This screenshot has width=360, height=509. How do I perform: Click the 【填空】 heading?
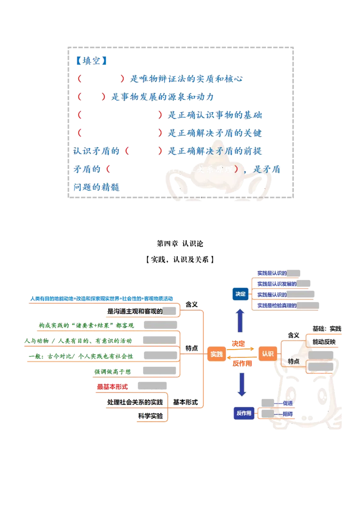point(91,61)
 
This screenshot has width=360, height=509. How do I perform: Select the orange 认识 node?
point(267,353)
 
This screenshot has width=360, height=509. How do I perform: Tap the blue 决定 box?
point(240,294)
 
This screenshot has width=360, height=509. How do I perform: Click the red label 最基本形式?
point(113,387)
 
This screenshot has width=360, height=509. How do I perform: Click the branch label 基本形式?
point(185,402)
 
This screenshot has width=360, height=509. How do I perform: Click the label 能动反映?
point(324,342)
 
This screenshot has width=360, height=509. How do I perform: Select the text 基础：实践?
point(327,329)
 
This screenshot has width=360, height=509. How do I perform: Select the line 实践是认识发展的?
point(277,284)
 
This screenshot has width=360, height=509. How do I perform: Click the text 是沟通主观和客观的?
point(135,311)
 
